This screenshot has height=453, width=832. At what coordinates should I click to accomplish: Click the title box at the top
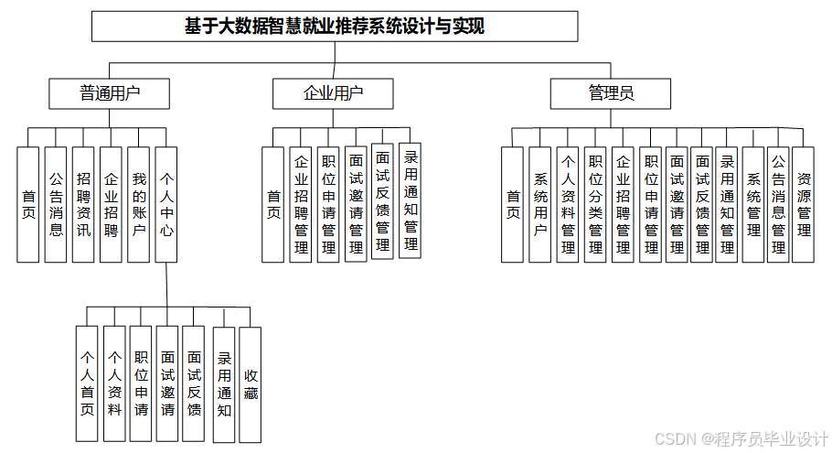[335, 27]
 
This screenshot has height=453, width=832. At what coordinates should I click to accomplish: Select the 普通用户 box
[110, 93]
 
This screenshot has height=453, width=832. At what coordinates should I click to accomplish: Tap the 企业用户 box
[333, 93]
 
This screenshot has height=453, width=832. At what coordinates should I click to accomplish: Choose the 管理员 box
[611, 93]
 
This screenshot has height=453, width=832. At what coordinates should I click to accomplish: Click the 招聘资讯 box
[83, 204]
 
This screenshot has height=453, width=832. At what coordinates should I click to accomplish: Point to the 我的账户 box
[138, 204]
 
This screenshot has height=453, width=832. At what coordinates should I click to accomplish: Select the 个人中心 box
[165, 204]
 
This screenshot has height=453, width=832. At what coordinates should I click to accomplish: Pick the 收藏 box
[250, 384]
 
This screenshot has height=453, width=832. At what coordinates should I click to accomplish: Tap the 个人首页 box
[87, 384]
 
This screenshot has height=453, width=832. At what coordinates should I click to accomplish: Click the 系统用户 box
[540, 204]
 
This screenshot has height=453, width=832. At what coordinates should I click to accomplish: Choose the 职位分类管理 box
[595, 204]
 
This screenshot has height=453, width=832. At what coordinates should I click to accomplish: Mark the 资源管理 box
[803, 204]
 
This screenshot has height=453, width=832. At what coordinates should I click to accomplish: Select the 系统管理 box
[752, 204]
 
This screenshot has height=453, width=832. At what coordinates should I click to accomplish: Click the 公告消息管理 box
[778, 204]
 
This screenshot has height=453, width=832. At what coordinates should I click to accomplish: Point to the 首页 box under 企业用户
[273, 204]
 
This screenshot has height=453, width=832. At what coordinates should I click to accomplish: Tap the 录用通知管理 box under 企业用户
[411, 200]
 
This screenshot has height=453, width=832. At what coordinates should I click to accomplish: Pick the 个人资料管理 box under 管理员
[568, 204]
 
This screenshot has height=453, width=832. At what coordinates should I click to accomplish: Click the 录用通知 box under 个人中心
[224, 384]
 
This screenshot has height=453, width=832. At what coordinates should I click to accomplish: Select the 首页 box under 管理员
[513, 204]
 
